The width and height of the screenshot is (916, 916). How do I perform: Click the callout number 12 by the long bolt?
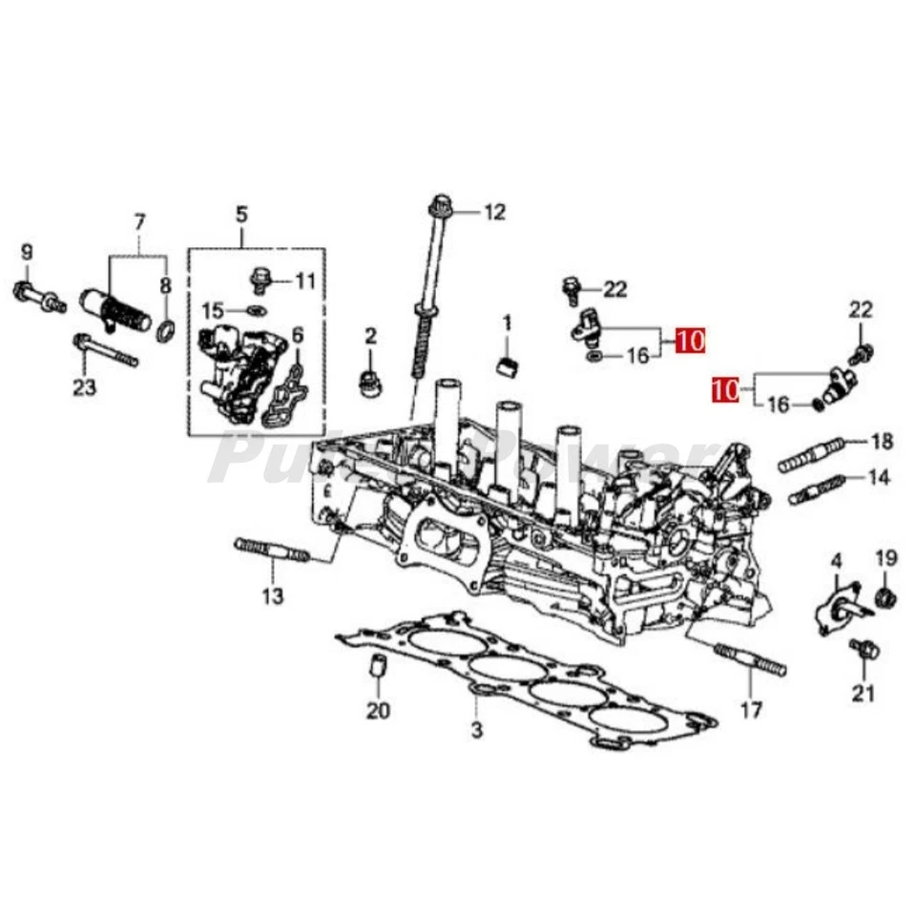pos(493,212)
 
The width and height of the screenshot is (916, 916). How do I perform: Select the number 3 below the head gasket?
pos(477,732)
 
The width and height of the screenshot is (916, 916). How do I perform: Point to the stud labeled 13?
pos(271,551)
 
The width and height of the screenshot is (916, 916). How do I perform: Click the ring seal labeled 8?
pos(166,331)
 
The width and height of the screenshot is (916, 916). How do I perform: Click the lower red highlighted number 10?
pos(725,389)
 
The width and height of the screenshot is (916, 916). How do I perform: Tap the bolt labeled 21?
pos(863,652)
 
